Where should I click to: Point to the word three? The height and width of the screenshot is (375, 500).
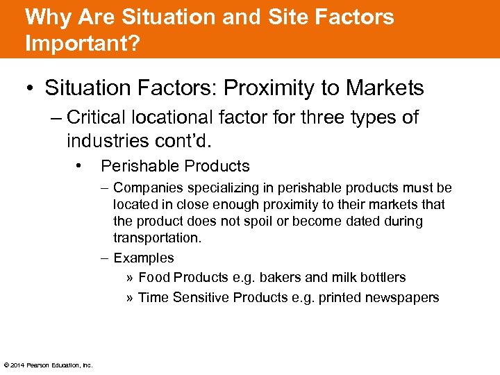point(315,117)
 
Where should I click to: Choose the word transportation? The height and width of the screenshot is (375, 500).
point(157,237)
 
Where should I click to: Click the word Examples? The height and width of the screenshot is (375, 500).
point(144,258)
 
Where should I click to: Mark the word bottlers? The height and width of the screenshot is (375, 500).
point(380,277)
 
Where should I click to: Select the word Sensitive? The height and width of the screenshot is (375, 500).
point(200,297)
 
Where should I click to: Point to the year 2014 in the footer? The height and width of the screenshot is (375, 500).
point(17,365)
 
